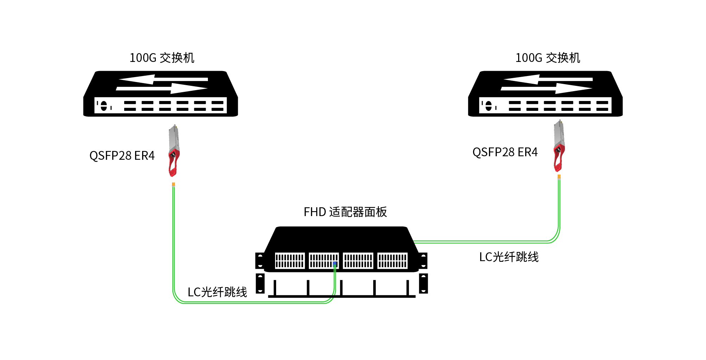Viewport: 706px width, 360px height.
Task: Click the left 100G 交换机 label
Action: click(162, 58)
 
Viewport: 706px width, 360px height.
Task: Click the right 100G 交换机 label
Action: click(547, 58)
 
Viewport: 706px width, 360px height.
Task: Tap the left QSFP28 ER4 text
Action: click(122, 156)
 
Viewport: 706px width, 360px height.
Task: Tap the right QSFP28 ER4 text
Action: click(505, 152)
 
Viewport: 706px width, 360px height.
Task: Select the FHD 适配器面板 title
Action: click(345, 212)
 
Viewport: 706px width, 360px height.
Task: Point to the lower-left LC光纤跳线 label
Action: click(217, 292)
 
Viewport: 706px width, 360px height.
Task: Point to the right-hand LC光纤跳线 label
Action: click(509, 257)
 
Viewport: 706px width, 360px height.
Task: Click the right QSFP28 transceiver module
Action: click(559, 146)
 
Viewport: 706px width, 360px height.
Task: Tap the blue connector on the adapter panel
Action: click(335, 263)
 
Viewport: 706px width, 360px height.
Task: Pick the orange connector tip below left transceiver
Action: click(173, 184)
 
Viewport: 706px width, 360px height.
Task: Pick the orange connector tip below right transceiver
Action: click(559, 176)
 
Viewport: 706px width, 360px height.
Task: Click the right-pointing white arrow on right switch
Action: click(547, 88)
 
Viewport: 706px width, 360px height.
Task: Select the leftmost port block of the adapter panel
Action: click(290, 260)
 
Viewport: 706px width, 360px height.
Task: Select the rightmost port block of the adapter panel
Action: click(392, 260)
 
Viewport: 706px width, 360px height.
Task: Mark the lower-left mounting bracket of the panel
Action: click(260, 283)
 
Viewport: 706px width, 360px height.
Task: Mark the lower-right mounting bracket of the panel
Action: click(424, 283)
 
